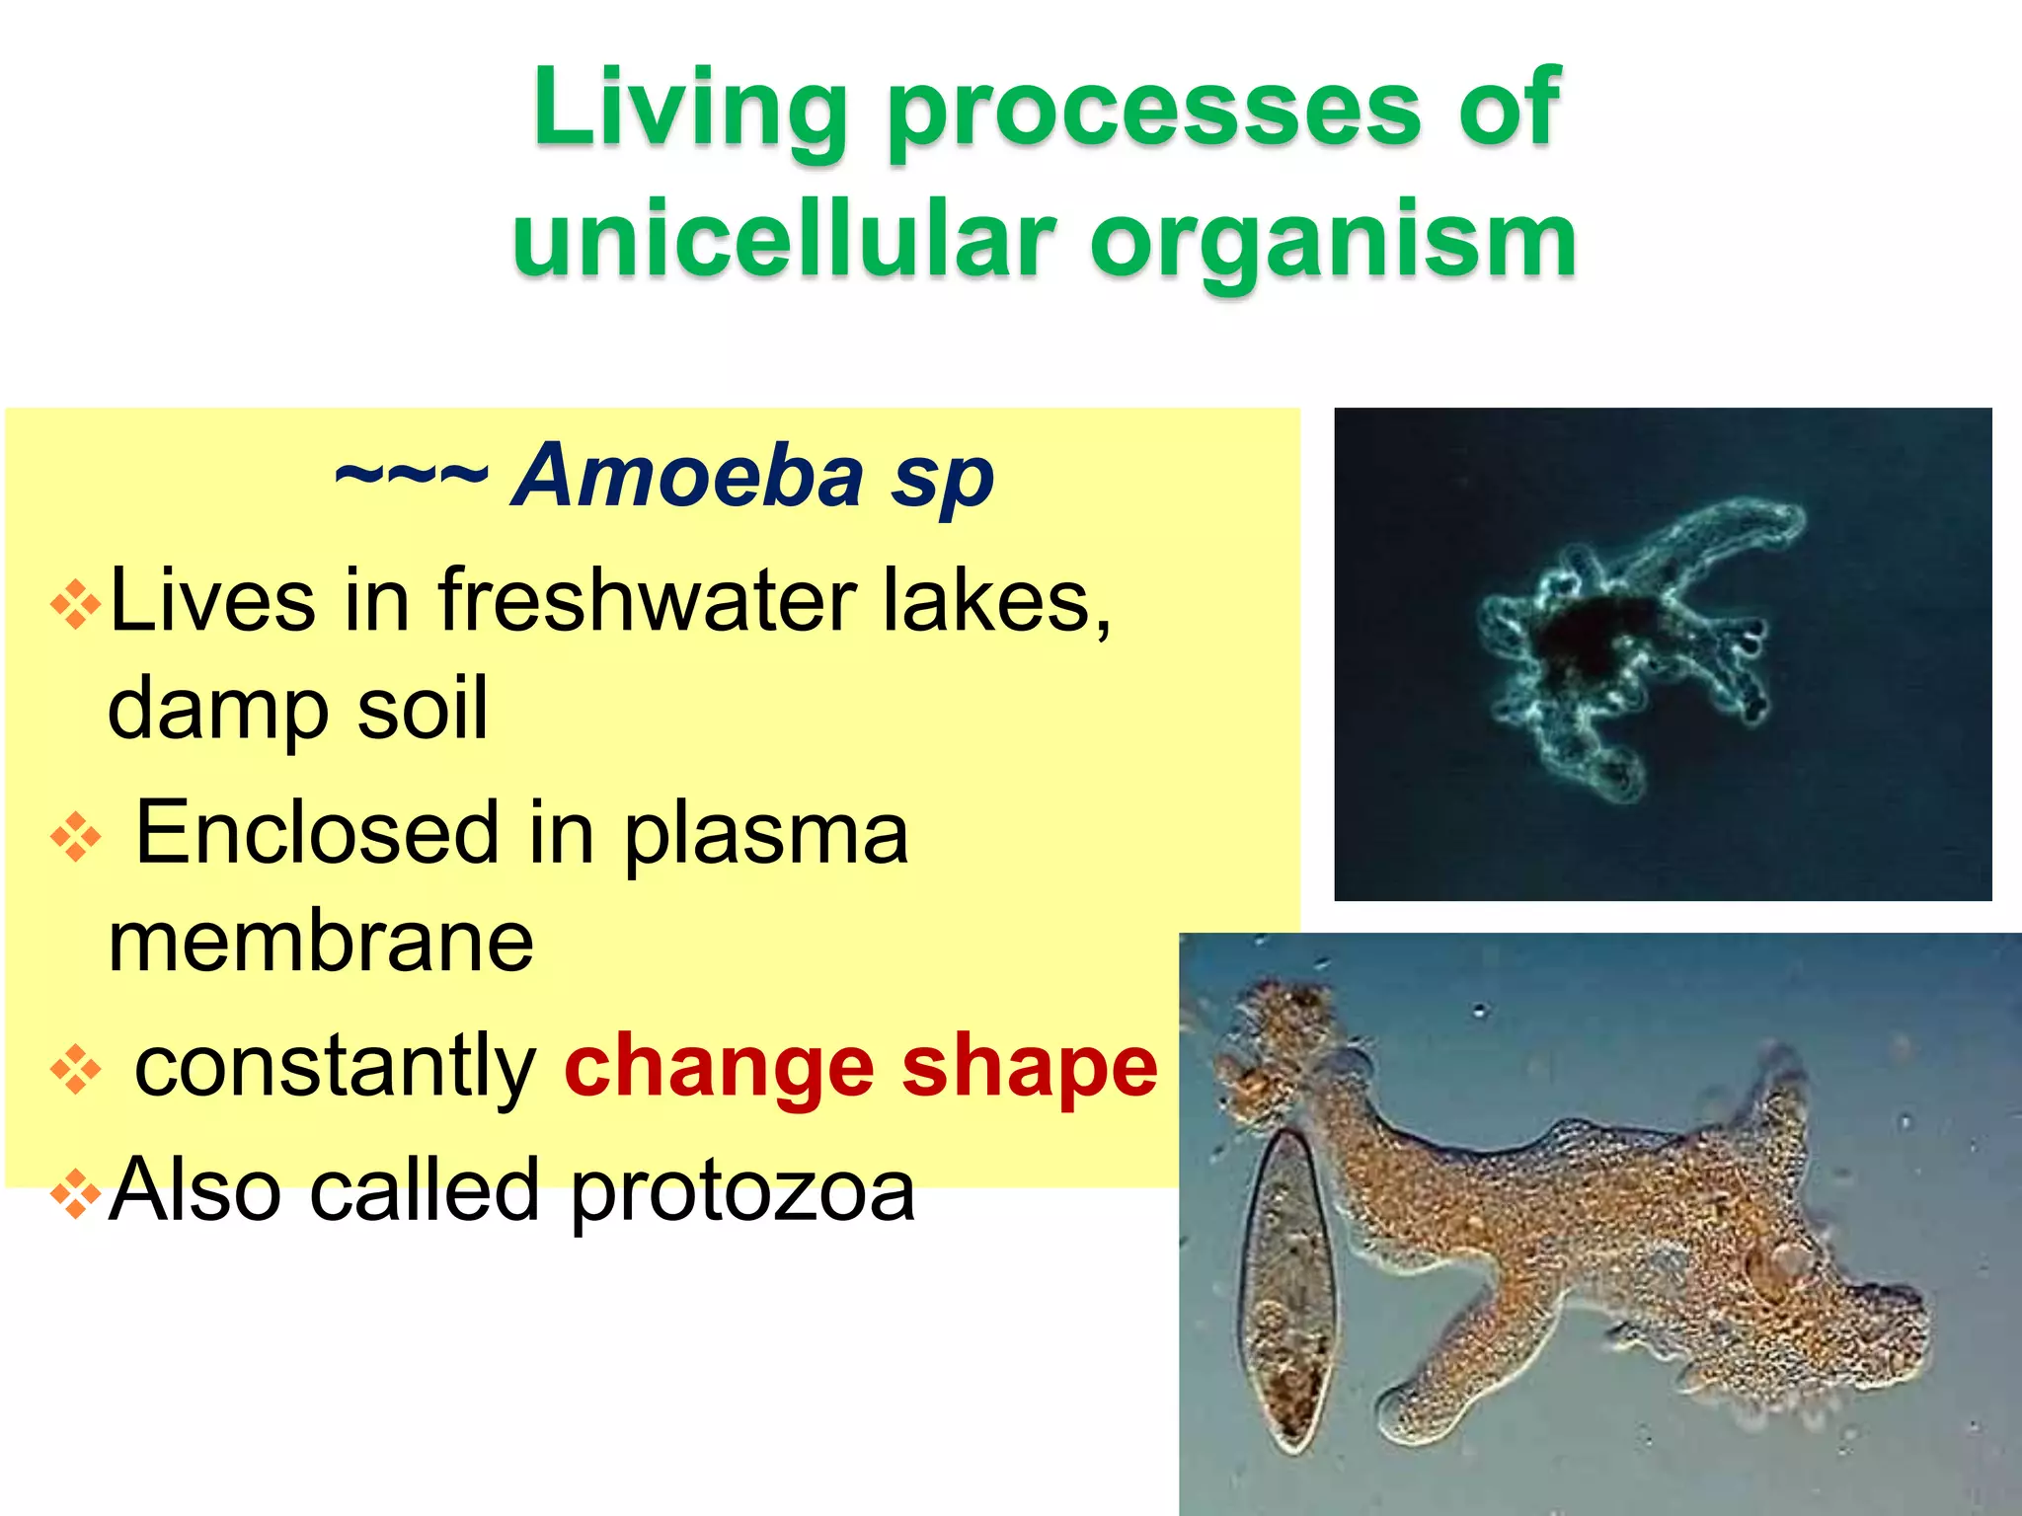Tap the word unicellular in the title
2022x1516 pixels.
(784, 241)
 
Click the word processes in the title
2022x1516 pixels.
(1153, 111)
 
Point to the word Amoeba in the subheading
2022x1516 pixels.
(689, 476)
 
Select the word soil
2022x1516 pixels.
(422, 708)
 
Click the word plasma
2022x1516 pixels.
(765, 835)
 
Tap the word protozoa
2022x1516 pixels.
(742, 1191)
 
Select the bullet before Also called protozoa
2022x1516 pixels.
(76, 1194)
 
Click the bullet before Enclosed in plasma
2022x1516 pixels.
(76, 837)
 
